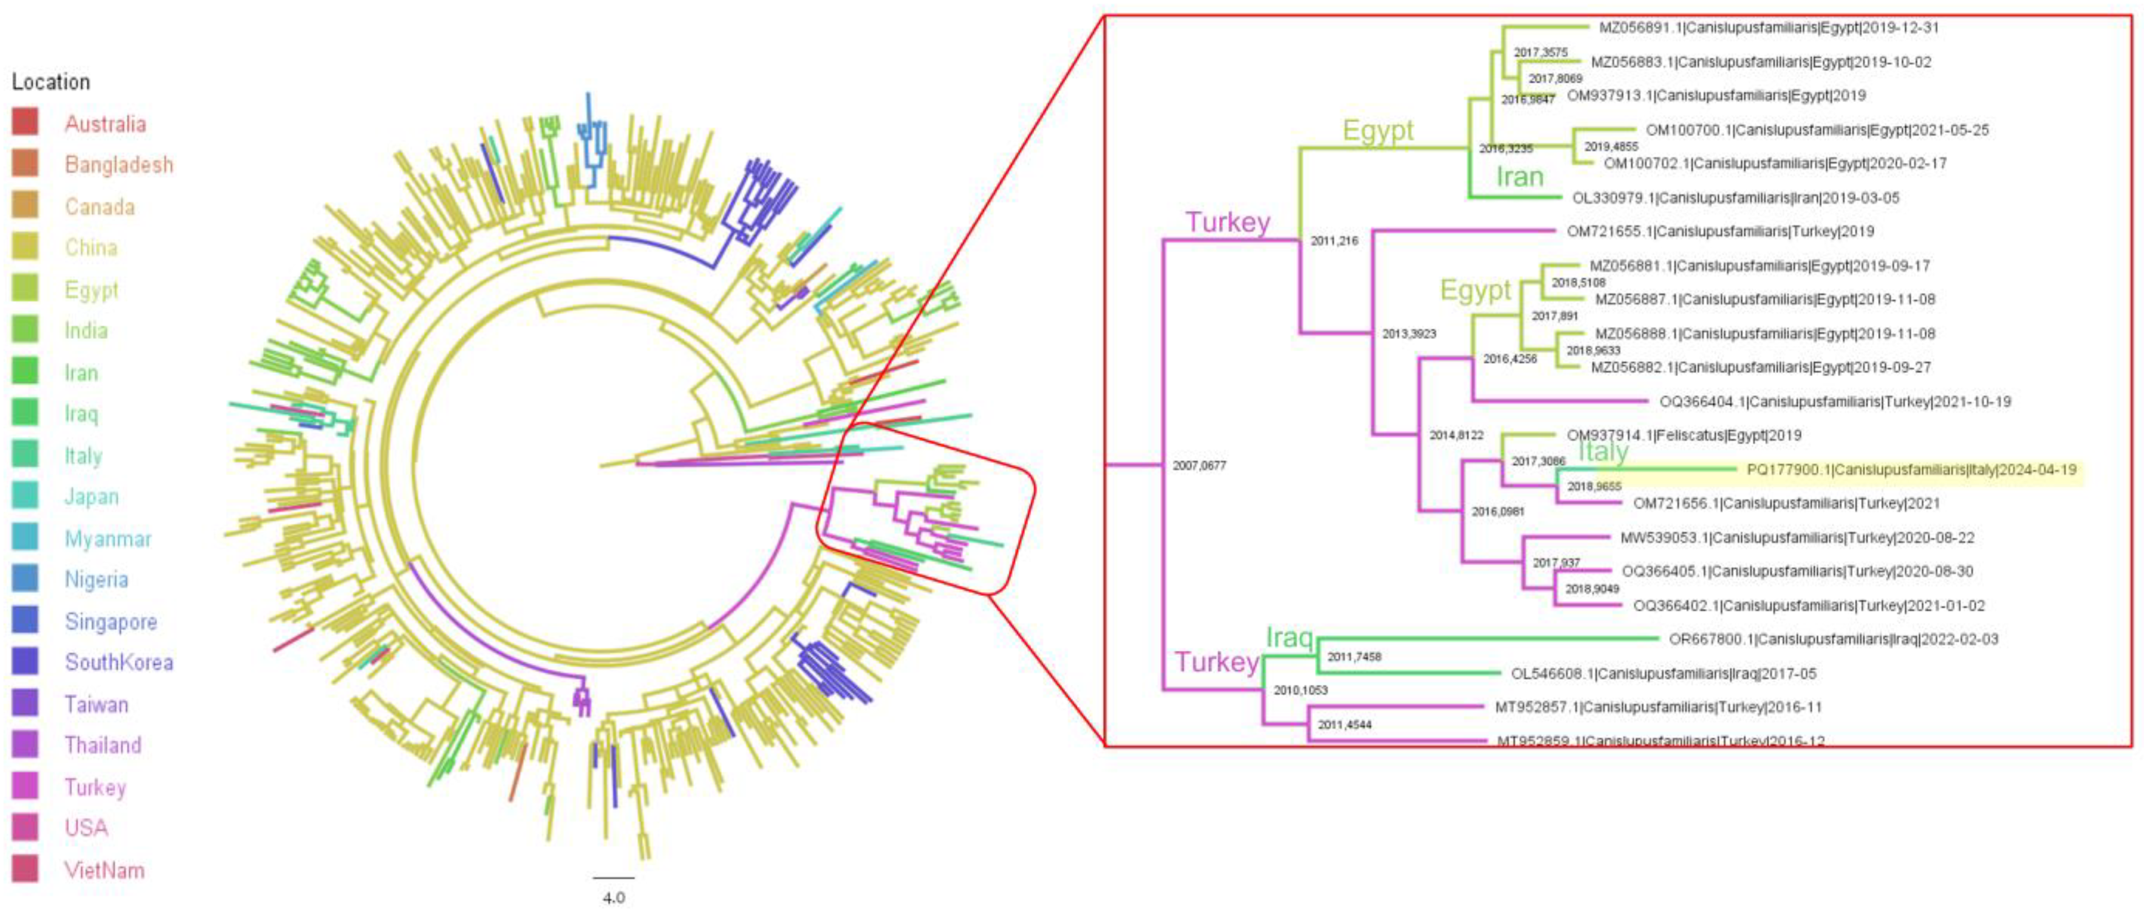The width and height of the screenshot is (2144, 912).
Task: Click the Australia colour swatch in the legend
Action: coord(25,122)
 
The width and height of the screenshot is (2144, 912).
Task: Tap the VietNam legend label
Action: coord(104,870)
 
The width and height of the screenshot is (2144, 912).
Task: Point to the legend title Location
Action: coord(51,81)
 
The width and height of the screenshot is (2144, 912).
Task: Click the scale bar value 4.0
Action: coord(613,898)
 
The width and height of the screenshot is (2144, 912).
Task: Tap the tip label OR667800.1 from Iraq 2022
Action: coord(1833,639)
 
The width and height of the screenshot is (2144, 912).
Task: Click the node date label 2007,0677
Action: coord(1198,465)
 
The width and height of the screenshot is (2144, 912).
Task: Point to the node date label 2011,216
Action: coord(1334,241)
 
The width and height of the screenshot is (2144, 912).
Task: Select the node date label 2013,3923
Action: coord(1409,334)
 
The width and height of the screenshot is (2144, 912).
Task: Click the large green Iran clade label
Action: coord(1520,176)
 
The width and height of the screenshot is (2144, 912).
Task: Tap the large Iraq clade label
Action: coord(1289,637)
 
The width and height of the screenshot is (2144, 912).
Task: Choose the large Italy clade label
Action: coord(1603,451)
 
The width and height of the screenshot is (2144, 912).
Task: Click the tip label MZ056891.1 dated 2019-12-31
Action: coord(1769,27)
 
